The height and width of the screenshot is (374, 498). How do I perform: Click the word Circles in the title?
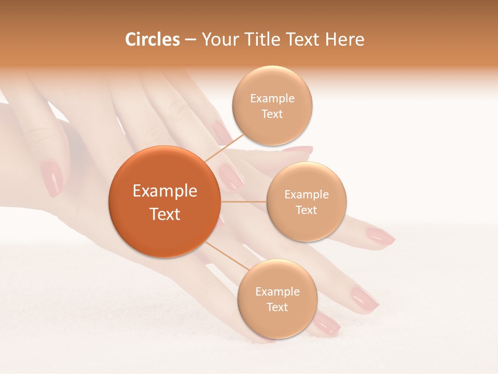[x=152, y=39]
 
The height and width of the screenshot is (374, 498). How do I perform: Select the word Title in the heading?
[x=264, y=39]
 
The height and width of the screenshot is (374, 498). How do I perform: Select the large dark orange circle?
[x=164, y=202]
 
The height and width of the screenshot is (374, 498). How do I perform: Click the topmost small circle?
[x=272, y=105]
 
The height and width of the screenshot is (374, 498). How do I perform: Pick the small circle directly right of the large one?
[x=306, y=202]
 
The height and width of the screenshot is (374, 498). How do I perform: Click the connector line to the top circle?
[x=224, y=145]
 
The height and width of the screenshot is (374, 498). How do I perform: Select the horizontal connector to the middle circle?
[x=243, y=202]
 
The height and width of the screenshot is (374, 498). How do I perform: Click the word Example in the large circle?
[x=165, y=191]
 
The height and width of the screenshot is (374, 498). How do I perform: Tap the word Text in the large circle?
[x=165, y=214]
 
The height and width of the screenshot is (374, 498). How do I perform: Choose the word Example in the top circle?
[x=272, y=98]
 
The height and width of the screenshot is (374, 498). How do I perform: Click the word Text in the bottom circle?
[x=277, y=307]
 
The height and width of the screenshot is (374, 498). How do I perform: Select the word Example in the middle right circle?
[x=306, y=194]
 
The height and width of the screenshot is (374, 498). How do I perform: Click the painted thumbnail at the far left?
[x=51, y=178]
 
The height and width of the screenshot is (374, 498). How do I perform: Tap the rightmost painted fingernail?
[x=381, y=236]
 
